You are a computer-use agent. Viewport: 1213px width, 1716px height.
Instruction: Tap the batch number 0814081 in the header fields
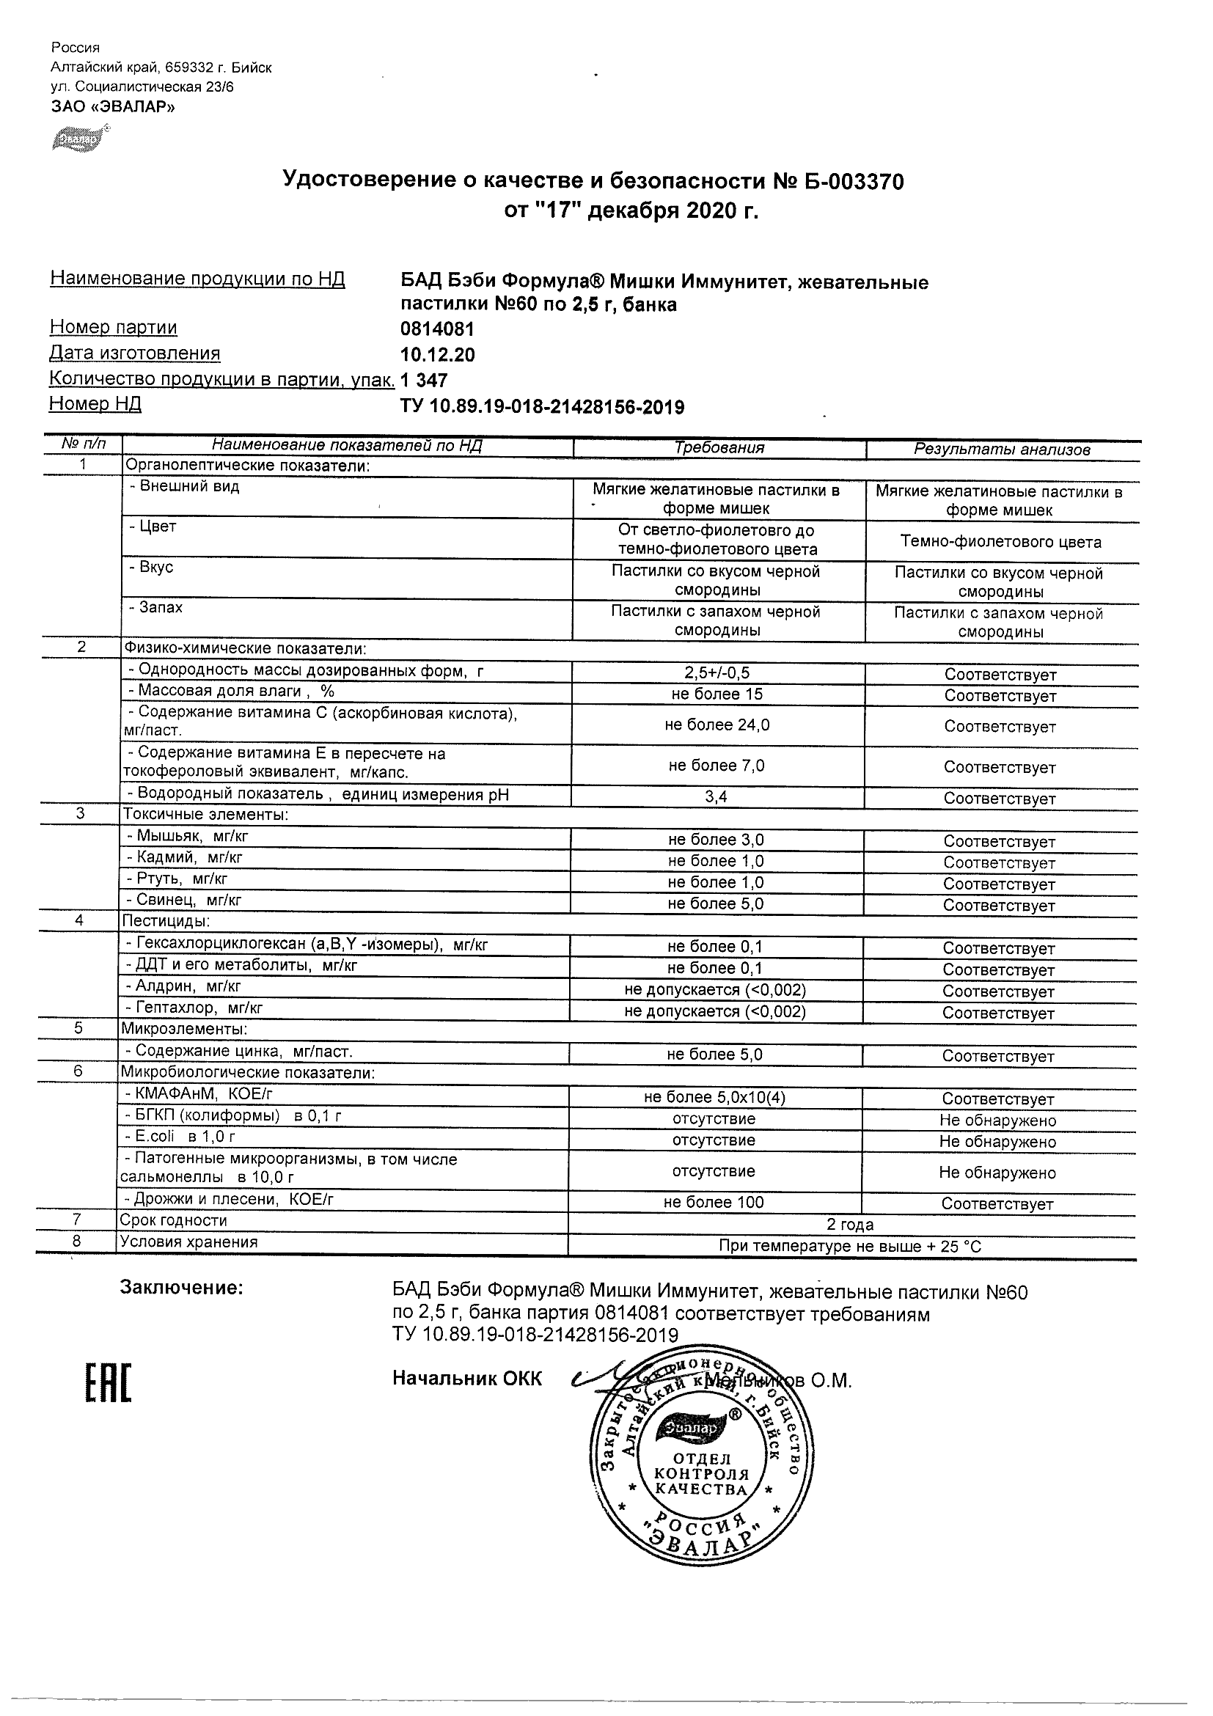click(437, 329)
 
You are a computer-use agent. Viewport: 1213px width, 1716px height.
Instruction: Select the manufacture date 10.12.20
click(437, 354)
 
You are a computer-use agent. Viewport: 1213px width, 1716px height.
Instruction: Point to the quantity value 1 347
click(424, 381)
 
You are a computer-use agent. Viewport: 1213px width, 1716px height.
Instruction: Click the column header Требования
click(719, 447)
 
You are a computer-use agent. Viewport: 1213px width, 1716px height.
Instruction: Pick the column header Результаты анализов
click(1002, 450)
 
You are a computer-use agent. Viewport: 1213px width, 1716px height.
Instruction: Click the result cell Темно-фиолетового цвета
click(1001, 542)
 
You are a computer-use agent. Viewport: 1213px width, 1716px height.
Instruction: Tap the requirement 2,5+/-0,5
click(717, 673)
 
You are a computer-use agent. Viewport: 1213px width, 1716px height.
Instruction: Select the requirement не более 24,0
click(717, 725)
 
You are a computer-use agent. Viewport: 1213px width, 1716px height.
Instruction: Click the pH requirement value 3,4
click(716, 796)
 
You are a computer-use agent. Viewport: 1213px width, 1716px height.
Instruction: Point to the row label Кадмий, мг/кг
click(185, 857)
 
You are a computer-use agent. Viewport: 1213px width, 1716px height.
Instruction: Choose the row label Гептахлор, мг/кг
click(194, 1008)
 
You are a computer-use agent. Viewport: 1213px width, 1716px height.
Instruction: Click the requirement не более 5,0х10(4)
click(714, 1097)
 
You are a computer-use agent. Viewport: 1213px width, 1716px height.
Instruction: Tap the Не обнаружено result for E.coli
click(997, 1141)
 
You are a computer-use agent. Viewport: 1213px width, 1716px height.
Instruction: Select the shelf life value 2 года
click(850, 1224)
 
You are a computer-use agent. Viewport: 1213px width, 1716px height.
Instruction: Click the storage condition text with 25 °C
click(850, 1246)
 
